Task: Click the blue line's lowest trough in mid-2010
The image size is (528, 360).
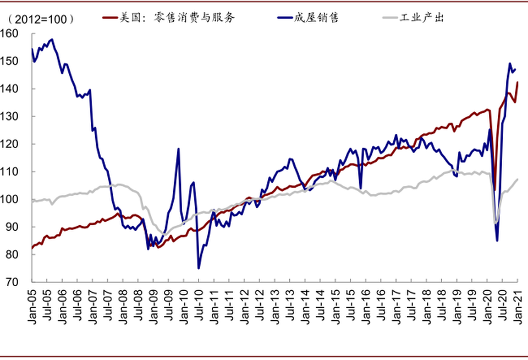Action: point(199,268)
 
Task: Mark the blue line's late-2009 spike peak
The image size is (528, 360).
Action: point(178,149)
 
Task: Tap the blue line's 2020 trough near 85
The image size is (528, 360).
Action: point(497,241)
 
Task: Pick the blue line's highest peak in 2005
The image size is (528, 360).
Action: point(52,39)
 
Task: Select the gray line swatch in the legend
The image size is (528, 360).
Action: point(390,18)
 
